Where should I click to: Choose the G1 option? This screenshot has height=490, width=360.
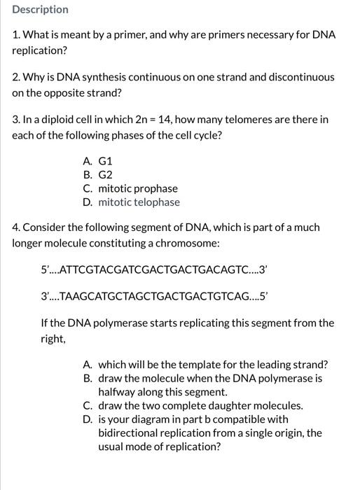[x=106, y=160]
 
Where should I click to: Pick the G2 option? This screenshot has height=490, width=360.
[x=106, y=174]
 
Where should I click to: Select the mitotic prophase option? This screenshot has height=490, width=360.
[x=138, y=188]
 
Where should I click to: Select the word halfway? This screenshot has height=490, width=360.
[x=118, y=392]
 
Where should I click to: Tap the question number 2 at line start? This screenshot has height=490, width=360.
[x=16, y=76]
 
